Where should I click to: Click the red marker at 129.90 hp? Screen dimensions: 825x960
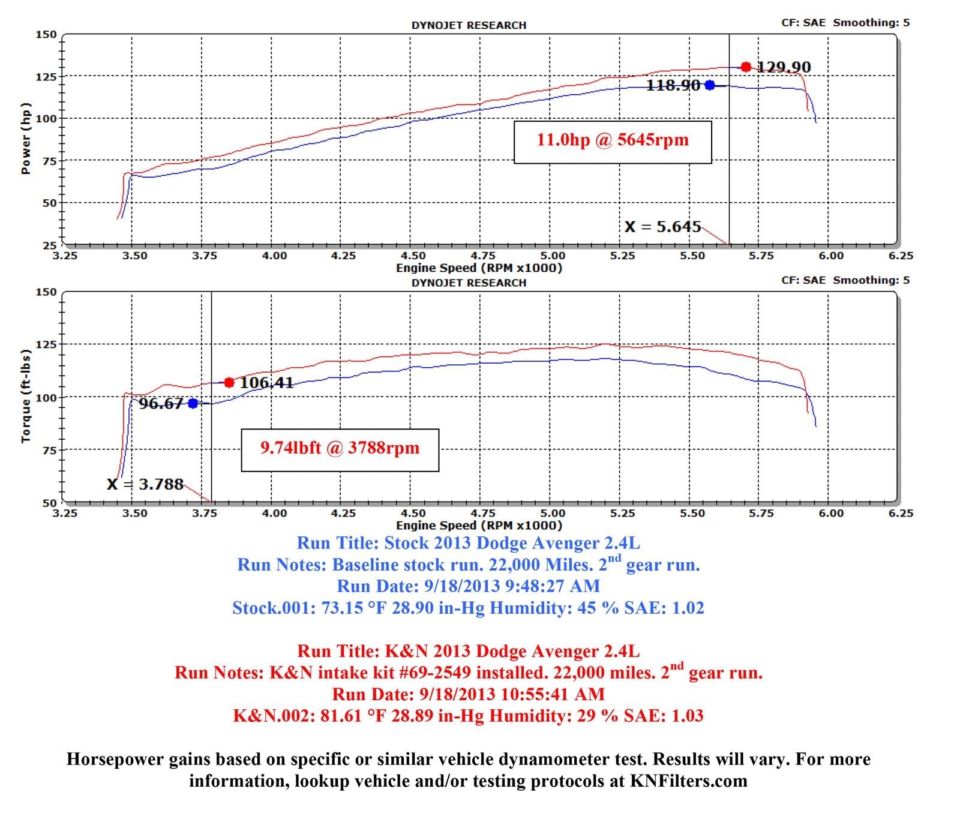click(x=746, y=67)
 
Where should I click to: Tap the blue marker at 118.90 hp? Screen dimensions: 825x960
click(x=710, y=85)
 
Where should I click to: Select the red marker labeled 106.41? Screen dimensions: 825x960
click(x=229, y=382)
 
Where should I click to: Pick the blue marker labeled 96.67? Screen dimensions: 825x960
click(x=193, y=403)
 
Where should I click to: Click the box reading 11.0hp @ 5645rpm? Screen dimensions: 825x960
click(x=613, y=142)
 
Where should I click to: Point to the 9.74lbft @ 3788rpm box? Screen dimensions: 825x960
click(x=340, y=449)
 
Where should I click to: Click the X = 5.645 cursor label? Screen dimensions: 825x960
click(x=662, y=227)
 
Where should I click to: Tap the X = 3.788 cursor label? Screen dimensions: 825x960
click(x=145, y=484)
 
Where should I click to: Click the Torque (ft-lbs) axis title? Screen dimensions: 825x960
click(x=25, y=396)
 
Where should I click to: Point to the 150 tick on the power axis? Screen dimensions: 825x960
click(x=46, y=34)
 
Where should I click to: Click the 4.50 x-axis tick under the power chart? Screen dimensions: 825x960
click(x=413, y=256)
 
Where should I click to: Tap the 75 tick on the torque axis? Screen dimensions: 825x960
click(x=49, y=450)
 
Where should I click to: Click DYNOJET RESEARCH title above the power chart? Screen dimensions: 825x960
click(x=469, y=25)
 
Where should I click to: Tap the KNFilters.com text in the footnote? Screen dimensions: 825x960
click(x=688, y=781)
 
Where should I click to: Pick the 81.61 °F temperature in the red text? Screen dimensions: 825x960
click(x=350, y=716)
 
